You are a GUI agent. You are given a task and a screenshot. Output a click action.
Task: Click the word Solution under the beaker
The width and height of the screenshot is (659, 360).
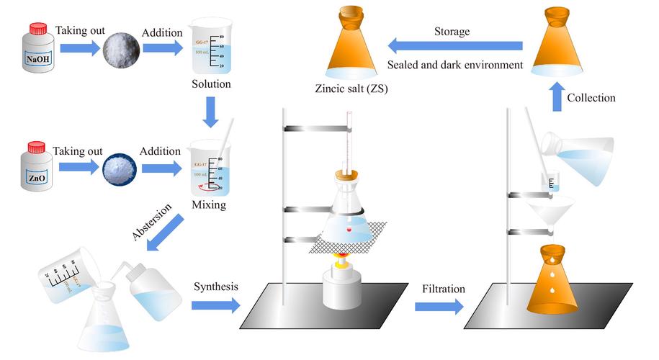(211, 84)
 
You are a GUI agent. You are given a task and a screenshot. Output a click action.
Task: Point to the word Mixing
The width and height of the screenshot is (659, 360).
(210, 205)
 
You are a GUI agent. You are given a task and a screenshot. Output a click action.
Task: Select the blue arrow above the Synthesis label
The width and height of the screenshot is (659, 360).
(215, 305)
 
